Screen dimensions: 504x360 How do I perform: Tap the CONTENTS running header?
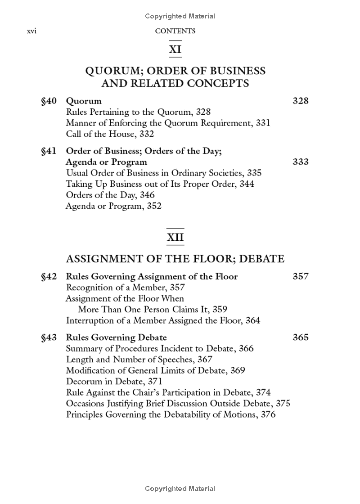coord(175,31)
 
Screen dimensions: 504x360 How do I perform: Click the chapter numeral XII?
coord(175,237)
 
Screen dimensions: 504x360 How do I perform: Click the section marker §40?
coord(49,101)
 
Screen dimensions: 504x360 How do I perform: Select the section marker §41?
coord(49,151)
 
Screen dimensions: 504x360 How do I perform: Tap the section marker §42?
coord(49,276)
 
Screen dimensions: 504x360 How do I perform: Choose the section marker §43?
coord(49,337)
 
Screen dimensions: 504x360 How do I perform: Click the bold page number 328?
coord(300,101)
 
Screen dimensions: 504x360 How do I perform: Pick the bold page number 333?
coord(300,162)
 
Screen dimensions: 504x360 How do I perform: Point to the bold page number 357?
coord(300,276)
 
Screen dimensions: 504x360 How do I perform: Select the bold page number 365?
coord(300,337)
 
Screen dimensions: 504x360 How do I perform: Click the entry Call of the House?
coord(110,134)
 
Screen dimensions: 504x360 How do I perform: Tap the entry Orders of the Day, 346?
coord(110,195)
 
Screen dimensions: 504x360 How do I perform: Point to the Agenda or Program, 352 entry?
coord(113,206)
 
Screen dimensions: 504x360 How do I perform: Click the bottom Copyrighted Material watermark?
coord(180,489)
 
